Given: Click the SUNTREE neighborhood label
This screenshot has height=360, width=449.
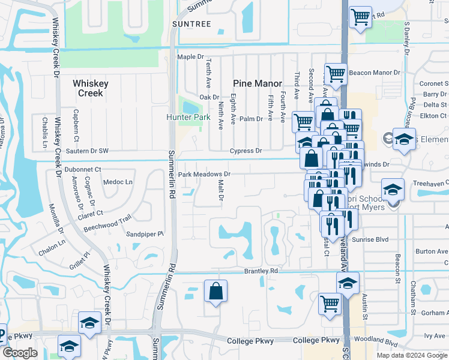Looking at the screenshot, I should (x=191, y=23).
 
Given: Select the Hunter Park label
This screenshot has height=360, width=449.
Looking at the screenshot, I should (x=188, y=117).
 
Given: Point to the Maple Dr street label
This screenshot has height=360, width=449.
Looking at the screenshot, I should (x=191, y=57).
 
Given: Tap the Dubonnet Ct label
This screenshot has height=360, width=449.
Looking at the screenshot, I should (x=82, y=170).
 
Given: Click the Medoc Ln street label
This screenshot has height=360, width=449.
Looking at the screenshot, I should (x=118, y=182).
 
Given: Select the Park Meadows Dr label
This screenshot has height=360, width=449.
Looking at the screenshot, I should (x=204, y=174).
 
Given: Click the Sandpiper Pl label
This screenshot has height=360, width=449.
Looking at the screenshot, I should (x=144, y=234).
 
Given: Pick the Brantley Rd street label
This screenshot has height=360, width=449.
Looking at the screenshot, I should (x=261, y=271).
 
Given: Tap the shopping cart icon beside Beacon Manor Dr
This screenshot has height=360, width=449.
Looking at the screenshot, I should (x=336, y=74).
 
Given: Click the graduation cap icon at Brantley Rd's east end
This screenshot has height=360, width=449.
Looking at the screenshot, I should (x=348, y=283).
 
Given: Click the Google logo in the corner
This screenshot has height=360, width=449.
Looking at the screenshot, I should (x=20, y=353).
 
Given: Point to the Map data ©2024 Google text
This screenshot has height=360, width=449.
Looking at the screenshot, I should (x=412, y=355).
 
